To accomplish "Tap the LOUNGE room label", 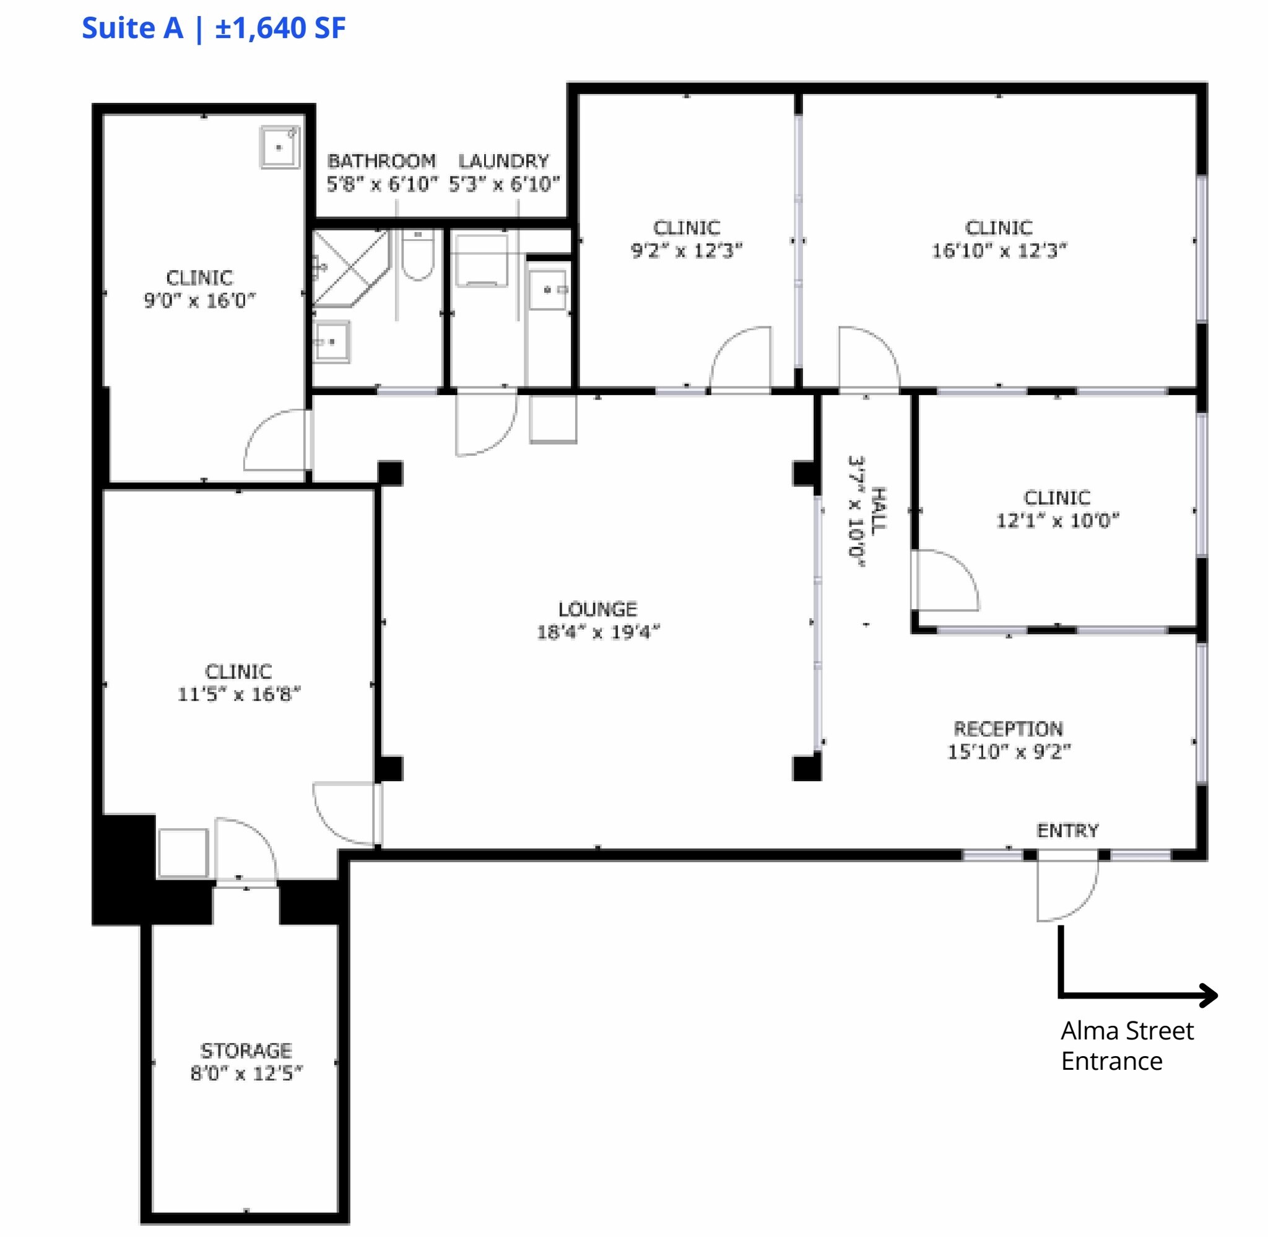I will coord(597,609).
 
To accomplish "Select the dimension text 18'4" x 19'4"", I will coord(597,631).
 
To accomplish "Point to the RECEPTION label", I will coord(1007,728).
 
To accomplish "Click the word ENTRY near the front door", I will coord(1067,830).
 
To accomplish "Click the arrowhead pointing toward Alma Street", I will coord(1209,995).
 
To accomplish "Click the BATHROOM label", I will coord(381,160).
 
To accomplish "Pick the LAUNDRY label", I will coord(503,160).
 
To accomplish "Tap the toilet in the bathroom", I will coord(417,256).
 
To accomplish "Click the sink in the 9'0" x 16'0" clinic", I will coord(280,147).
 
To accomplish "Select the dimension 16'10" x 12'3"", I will coord(999,250).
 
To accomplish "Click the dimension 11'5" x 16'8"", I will coord(239,694).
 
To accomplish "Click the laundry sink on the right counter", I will coord(547,290).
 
